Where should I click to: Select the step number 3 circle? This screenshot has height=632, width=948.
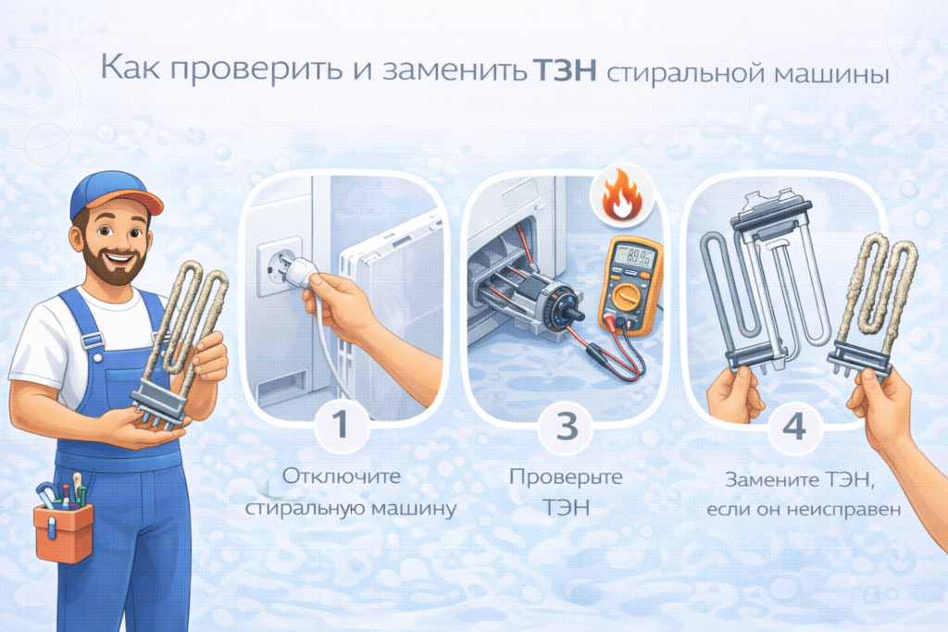click(x=567, y=426)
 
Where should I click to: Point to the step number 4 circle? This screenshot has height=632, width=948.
click(x=793, y=427)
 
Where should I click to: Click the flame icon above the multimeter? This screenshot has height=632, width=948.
click(x=621, y=194)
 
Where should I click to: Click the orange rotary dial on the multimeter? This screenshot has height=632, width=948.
click(x=629, y=299)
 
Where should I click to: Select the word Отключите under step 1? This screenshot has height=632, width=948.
click(x=341, y=477)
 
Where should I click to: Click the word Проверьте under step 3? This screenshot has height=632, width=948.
click(x=566, y=477)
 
